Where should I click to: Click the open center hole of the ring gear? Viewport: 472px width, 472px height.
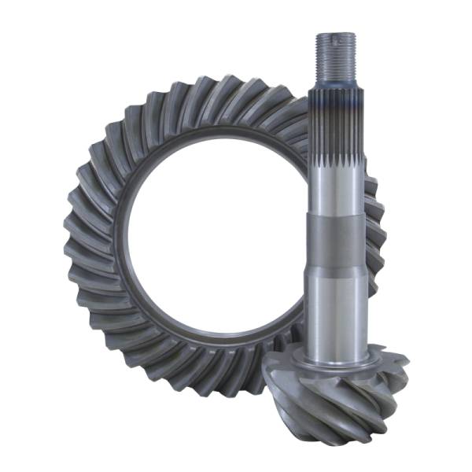click(205, 236)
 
